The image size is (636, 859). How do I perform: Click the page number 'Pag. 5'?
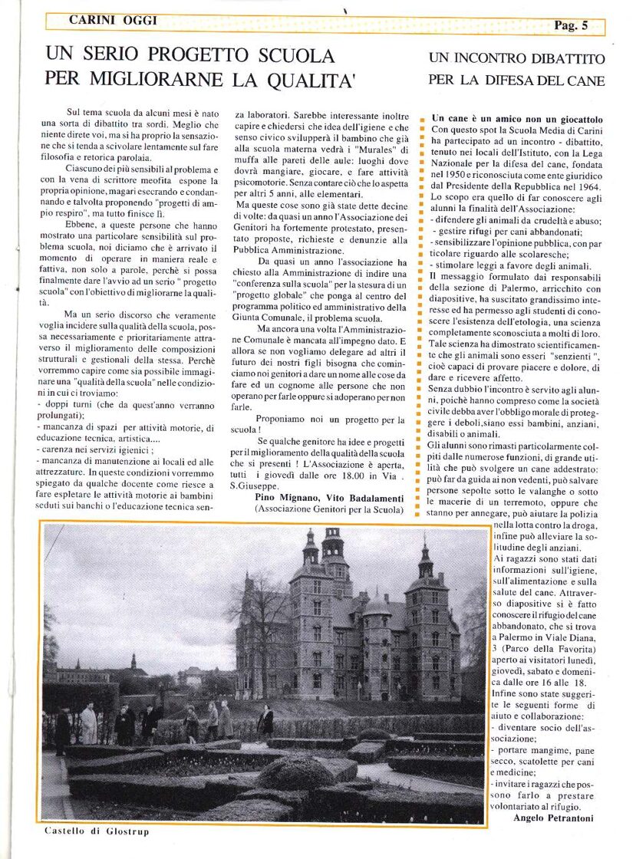tap(571, 25)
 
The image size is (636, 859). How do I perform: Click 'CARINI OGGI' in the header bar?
tap(113, 21)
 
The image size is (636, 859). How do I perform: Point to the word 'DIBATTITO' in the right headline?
tap(562, 59)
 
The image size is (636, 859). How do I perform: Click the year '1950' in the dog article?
tap(457, 174)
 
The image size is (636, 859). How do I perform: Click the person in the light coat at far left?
tap(88, 723)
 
